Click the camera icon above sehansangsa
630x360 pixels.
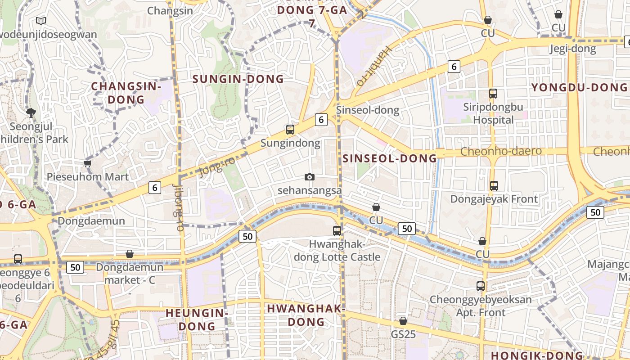(310, 177)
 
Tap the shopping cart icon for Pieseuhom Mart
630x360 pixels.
(88, 163)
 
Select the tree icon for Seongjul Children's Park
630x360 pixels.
(31, 112)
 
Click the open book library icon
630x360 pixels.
(41, 21)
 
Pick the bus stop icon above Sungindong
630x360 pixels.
(290, 130)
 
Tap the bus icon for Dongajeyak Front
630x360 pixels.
(494, 185)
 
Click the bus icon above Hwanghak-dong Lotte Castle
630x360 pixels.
(337, 231)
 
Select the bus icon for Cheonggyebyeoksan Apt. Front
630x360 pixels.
(481, 286)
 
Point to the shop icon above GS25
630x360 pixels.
(403, 321)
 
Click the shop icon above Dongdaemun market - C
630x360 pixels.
(130, 254)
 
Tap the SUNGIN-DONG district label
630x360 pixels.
(238, 79)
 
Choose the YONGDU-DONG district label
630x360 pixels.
(579, 87)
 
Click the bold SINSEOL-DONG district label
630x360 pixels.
(390, 158)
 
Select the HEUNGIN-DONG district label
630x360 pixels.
(197, 319)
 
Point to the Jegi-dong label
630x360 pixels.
(573, 49)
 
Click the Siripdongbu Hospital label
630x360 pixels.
(493, 113)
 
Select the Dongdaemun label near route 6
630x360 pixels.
(91, 221)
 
